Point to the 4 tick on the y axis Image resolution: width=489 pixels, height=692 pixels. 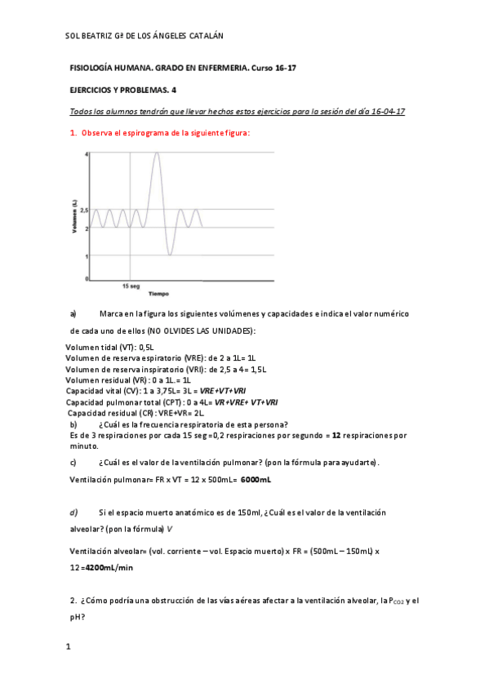pyautogui.click(x=87, y=153)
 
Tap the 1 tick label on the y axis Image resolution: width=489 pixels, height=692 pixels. pyautogui.click(x=87, y=256)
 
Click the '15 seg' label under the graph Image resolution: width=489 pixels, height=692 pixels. pyautogui.click(x=131, y=286)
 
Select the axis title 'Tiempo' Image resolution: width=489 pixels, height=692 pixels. pyautogui.click(x=158, y=294)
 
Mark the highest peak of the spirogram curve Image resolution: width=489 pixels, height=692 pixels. pyautogui.click(x=157, y=154)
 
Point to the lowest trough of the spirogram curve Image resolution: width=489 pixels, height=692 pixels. pyautogui.click(x=170, y=255)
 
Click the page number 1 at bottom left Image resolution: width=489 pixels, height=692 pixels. pyautogui.click(x=69, y=647)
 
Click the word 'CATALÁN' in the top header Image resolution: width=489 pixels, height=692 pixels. pyautogui.click(x=201, y=36)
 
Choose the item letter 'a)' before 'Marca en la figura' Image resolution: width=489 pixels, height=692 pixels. pyautogui.click(x=73, y=313)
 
